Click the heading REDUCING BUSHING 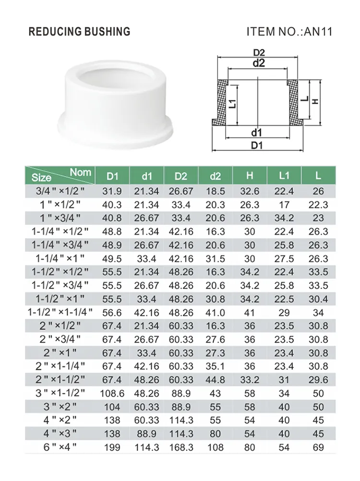click(79, 32)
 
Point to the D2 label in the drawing click(259, 52)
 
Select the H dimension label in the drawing click(315, 102)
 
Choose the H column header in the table click(250, 176)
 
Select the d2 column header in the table click(215, 176)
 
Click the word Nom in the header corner click(80, 172)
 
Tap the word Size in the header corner click(41, 178)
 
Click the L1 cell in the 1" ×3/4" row click(284, 218)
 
